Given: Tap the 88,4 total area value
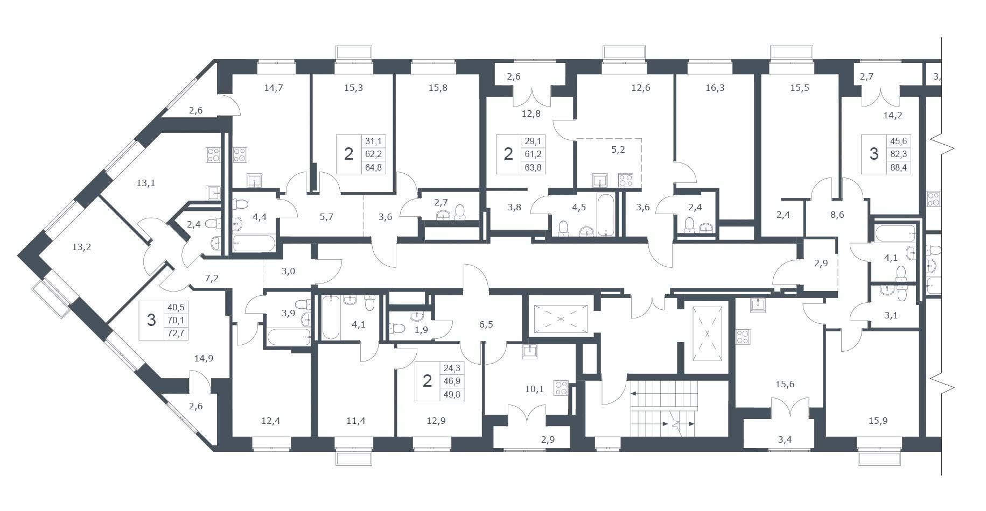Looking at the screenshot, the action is tap(898, 167).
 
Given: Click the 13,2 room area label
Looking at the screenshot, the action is tap(82, 247).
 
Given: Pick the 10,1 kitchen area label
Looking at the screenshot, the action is tap(534, 389).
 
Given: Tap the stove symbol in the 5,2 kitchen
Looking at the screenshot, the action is tap(625, 180).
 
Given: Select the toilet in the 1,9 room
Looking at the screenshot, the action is tap(397, 328).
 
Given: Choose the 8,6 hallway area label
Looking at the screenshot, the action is tap(837, 214).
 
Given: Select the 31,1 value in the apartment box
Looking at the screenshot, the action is tap(373, 141).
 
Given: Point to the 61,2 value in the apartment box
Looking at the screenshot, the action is tap(532, 154).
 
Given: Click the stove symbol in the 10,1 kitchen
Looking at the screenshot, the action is tap(561, 388).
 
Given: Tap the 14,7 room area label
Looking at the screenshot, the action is tap(274, 88).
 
